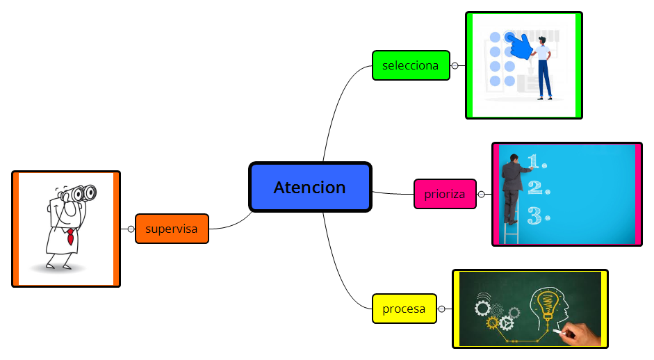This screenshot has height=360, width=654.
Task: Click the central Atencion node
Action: [x=310, y=187]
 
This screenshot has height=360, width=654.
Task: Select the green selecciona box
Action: [x=411, y=65]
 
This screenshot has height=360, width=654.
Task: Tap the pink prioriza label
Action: [x=445, y=194]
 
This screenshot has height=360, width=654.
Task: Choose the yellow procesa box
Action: [x=404, y=309]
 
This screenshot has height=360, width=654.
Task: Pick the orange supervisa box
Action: [x=172, y=228]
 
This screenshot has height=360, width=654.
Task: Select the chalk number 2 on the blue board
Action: [x=534, y=188]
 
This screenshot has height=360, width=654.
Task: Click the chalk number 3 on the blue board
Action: [x=534, y=215]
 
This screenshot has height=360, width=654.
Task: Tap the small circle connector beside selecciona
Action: [x=455, y=66]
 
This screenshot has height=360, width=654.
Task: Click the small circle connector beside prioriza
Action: [x=481, y=195]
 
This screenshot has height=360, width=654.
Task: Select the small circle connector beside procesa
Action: [x=441, y=309]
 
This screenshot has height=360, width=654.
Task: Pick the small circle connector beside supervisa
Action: [x=131, y=229]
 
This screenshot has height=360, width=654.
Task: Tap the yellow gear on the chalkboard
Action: [x=493, y=322]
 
